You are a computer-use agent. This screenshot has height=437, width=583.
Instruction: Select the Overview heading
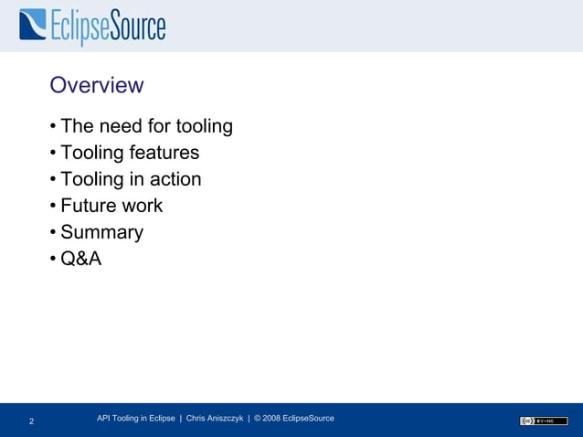(96, 85)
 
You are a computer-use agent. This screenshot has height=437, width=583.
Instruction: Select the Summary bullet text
(101, 232)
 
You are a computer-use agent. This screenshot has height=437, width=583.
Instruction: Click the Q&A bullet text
(80, 259)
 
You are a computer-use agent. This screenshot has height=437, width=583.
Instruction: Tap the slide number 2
(32, 421)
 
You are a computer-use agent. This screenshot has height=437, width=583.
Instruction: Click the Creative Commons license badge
(544, 421)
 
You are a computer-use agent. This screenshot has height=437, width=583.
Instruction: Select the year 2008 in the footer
(272, 418)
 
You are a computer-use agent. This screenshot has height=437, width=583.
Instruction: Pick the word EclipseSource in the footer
(309, 418)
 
